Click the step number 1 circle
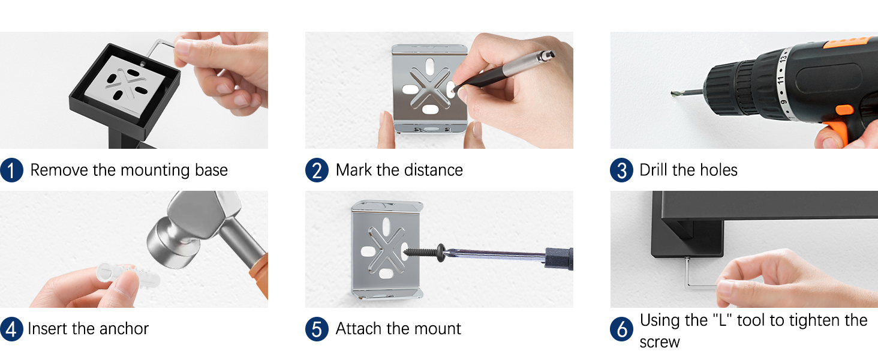[12, 170]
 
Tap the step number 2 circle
[317, 170]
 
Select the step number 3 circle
[622, 170]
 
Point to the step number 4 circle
[12, 329]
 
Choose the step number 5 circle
[317, 329]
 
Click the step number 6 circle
[622, 329]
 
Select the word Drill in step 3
[654, 170]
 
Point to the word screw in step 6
[659, 343]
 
